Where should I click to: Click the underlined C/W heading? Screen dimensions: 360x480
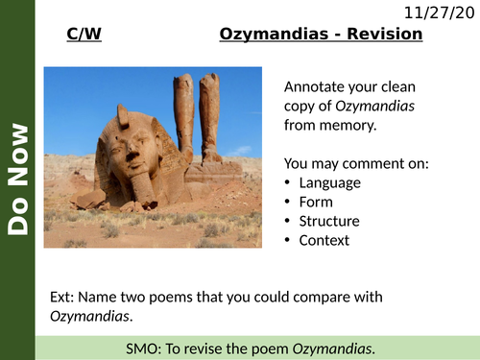coord(84,35)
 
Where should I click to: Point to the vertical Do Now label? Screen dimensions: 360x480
coord(17,179)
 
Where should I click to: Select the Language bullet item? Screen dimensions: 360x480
coord(330,182)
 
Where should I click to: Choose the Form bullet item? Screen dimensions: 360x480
coord(316,202)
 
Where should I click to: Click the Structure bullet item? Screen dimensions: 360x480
coord(328,221)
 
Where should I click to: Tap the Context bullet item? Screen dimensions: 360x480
coord(324,240)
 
